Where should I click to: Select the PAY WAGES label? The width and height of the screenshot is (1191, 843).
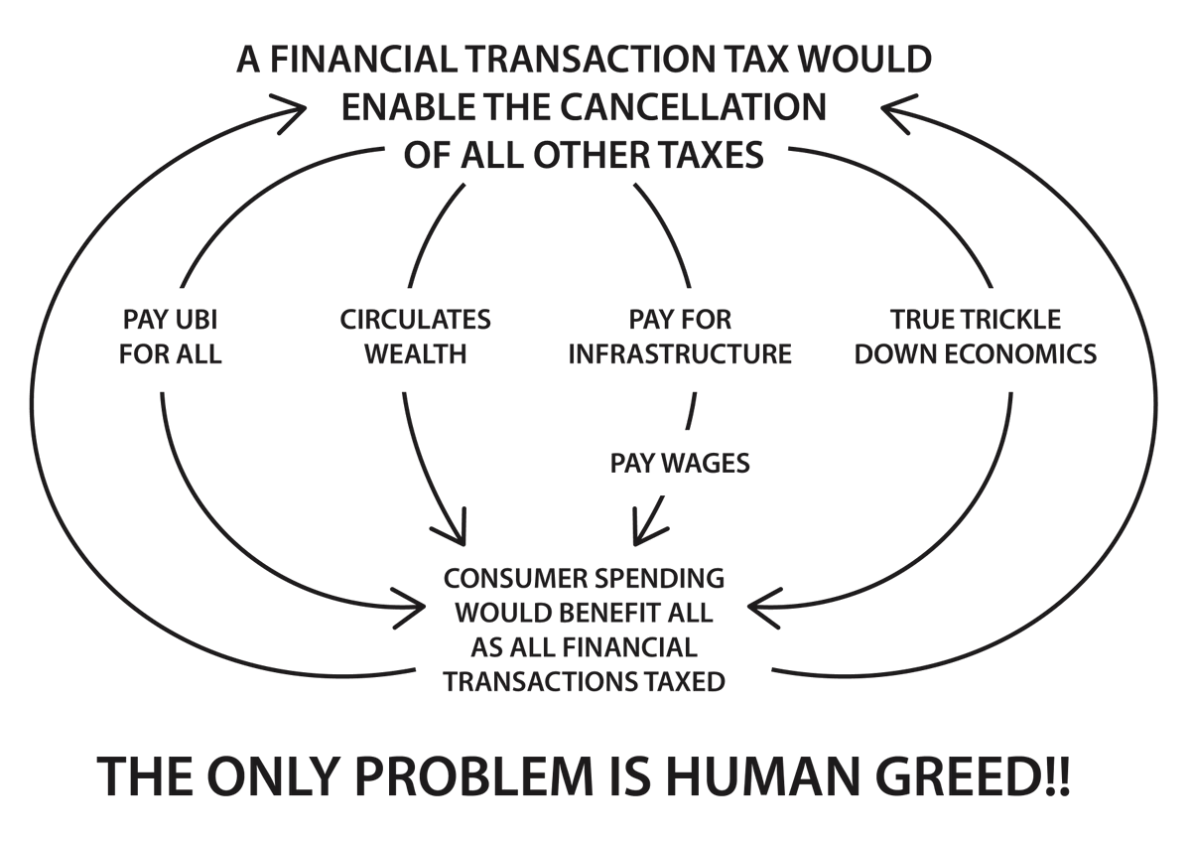pyautogui.click(x=680, y=463)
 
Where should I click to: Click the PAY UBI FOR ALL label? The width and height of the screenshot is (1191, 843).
pyautogui.click(x=170, y=337)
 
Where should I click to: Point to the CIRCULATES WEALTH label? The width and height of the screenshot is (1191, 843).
pyautogui.click(x=415, y=337)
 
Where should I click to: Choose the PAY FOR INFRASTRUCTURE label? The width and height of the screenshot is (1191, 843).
pyautogui.click(x=680, y=337)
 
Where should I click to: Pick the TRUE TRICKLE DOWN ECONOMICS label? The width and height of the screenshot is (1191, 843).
pyautogui.click(x=976, y=337)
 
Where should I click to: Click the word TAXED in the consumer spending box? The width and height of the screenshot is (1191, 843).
pyautogui.click(x=681, y=682)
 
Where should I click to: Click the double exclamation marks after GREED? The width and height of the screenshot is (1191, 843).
pyautogui.click(x=1057, y=777)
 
